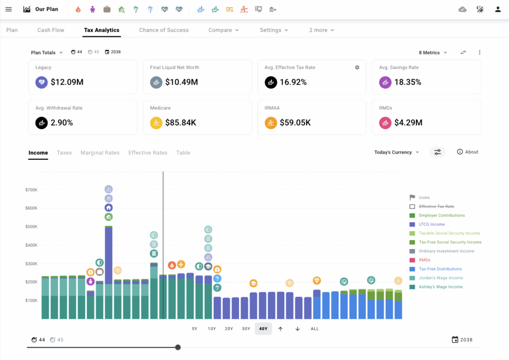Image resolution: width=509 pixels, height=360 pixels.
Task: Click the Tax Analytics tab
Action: click(101, 30)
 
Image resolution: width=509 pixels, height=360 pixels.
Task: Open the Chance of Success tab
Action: click(164, 30)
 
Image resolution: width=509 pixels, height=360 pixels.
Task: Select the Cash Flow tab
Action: click(51, 30)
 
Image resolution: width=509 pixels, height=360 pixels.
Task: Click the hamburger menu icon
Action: click(8, 9)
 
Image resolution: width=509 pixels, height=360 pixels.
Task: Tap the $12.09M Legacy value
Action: click(67, 82)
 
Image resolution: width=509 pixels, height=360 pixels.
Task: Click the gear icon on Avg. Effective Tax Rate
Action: click(357, 67)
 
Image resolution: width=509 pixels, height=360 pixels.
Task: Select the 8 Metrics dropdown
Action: click(432, 53)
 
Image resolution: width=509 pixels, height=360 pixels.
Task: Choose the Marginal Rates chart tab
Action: click(100, 153)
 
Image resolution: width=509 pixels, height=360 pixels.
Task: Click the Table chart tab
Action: click(183, 153)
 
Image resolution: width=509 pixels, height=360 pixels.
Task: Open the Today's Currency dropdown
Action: click(396, 152)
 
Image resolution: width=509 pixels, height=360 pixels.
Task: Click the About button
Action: click(468, 152)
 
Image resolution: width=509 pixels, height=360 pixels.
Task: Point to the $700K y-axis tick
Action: click(31, 189)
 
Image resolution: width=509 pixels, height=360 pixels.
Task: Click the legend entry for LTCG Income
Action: click(431, 224)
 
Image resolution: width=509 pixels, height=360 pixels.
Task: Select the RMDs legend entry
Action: click(425, 260)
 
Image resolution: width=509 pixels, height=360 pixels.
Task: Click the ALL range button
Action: click(315, 329)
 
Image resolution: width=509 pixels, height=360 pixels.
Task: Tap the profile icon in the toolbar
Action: click(498, 9)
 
